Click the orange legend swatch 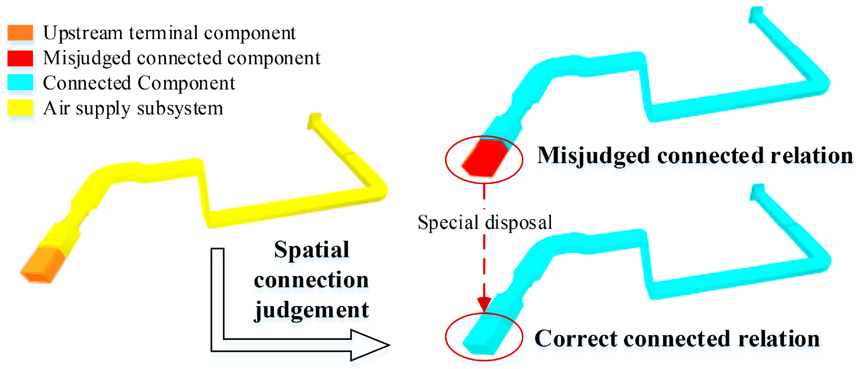(20, 33)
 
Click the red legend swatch (20, 58)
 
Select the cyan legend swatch (20, 83)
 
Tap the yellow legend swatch (20, 107)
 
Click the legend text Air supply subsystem (133, 108)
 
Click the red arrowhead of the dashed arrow (484, 304)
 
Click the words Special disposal (485, 222)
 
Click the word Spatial (312, 250)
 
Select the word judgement (312, 310)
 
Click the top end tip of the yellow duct (315, 120)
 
